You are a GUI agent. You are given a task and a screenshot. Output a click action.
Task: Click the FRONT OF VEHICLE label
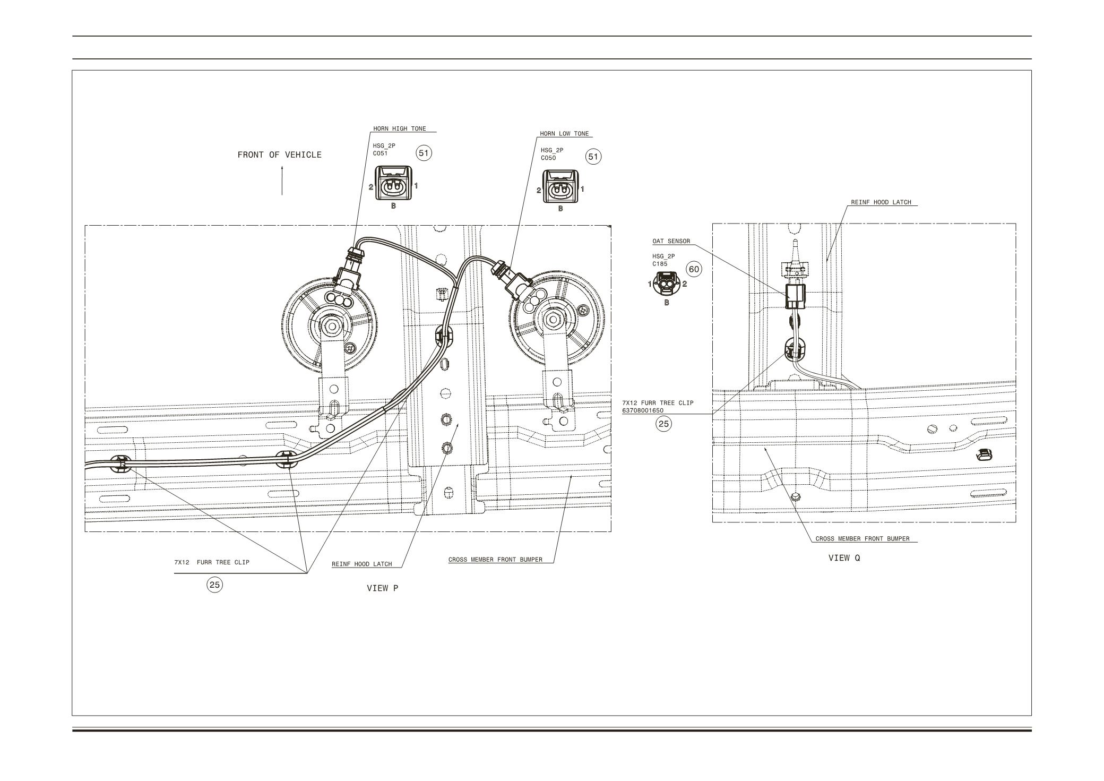click(x=279, y=155)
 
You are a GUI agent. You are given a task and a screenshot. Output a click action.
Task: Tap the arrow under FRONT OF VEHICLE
click(x=282, y=181)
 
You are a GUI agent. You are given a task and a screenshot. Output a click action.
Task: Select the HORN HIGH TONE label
click(x=399, y=128)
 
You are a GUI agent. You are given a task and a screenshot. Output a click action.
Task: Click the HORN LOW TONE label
click(x=564, y=134)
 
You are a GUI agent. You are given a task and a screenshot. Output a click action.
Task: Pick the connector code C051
click(x=380, y=153)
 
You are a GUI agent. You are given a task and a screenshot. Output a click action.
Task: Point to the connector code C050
click(x=548, y=158)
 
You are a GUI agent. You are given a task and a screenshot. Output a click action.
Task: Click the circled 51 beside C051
click(x=424, y=153)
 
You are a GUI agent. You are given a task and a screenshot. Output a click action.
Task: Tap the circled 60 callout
click(x=694, y=269)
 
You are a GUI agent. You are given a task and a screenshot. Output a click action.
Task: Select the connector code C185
click(x=660, y=263)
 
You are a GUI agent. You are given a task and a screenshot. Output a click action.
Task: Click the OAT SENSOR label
click(x=671, y=241)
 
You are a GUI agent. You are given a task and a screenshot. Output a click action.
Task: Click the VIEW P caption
click(x=382, y=588)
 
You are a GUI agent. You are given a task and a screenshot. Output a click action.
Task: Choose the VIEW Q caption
click(x=844, y=558)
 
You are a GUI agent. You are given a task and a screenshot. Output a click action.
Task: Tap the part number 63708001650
click(x=642, y=410)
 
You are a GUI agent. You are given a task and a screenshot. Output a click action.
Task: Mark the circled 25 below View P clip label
click(x=214, y=585)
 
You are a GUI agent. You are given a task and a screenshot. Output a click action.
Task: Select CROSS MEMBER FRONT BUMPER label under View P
click(x=495, y=560)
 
